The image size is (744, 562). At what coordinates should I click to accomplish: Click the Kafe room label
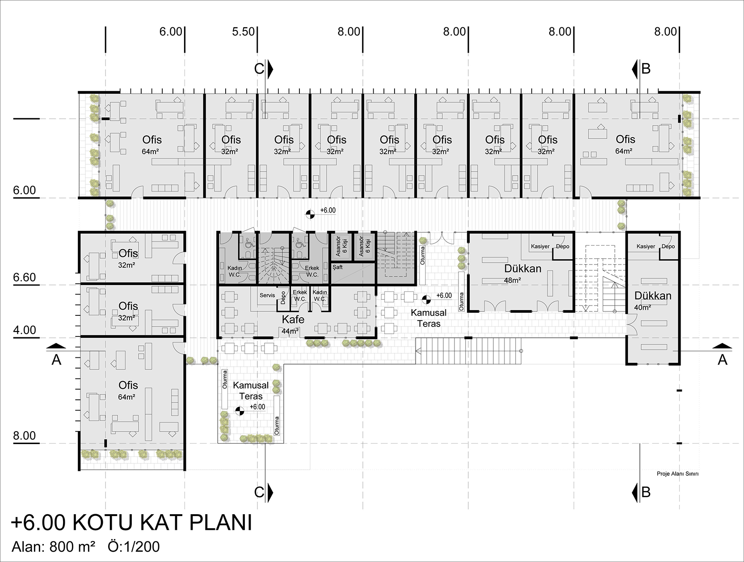pyautogui.click(x=293, y=319)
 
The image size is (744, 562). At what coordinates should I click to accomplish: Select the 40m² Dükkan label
pyautogui.click(x=653, y=296)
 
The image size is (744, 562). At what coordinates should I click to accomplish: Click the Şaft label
pyautogui.click(x=338, y=267)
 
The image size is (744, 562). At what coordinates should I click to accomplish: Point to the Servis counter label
pyautogui.click(x=267, y=295)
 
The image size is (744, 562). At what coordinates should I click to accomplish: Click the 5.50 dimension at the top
pyautogui.click(x=244, y=32)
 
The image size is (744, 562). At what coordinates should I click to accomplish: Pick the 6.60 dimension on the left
pyautogui.click(x=25, y=277)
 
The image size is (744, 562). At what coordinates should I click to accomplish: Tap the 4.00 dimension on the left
pyautogui.click(x=25, y=330)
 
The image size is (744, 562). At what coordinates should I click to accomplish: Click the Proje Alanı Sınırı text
pyautogui.click(x=677, y=474)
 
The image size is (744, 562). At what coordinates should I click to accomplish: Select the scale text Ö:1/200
pyautogui.click(x=134, y=547)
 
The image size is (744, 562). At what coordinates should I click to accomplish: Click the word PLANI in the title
pyautogui.click(x=221, y=523)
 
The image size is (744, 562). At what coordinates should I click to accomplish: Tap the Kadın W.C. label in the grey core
pyautogui.click(x=235, y=271)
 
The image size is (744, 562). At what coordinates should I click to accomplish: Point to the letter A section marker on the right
pyautogui.click(x=722, y=360)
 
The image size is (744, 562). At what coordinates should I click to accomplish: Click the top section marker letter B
pyautogui.click(x=646, y=69)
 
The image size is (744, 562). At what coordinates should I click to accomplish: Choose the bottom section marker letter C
pyautogui.click(x=259, y=492)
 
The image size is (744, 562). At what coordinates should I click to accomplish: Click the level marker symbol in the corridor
pyautogui.click(x=310, y=214)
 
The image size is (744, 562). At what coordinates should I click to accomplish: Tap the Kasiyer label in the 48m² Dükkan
pyautogui.click(x=540, y=247)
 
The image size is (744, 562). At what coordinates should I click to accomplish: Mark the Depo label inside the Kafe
pyautogui.click(x=283, y=298)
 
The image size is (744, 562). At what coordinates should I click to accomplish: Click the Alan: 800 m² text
pyautogui.click(x=54, y=547)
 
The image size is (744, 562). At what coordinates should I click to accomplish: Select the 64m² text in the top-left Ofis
pyautogui.click(x=151, y=151)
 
